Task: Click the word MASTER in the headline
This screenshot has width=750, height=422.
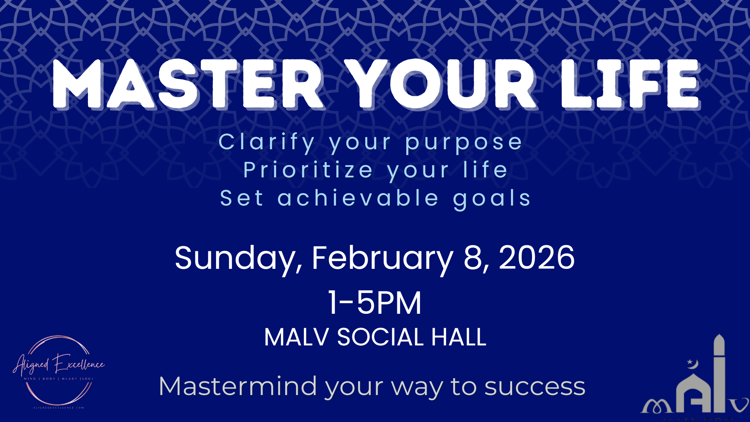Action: pyautogui.click(x=187, y=84)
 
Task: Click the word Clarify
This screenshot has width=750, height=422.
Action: pyautogui.click(x=266, y=142)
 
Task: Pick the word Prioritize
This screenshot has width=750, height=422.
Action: pyautogui.click(x=308, y=170)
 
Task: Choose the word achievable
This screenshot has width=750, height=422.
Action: pyautogui.click(x=358, y=198)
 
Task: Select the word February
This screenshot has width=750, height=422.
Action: pyautogui.click(x=382, y=259)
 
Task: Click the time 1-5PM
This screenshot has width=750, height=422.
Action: pyautogui.click(x=375, y=303)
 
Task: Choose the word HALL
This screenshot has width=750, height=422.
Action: pyautogui.click(x=459, y=337)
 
